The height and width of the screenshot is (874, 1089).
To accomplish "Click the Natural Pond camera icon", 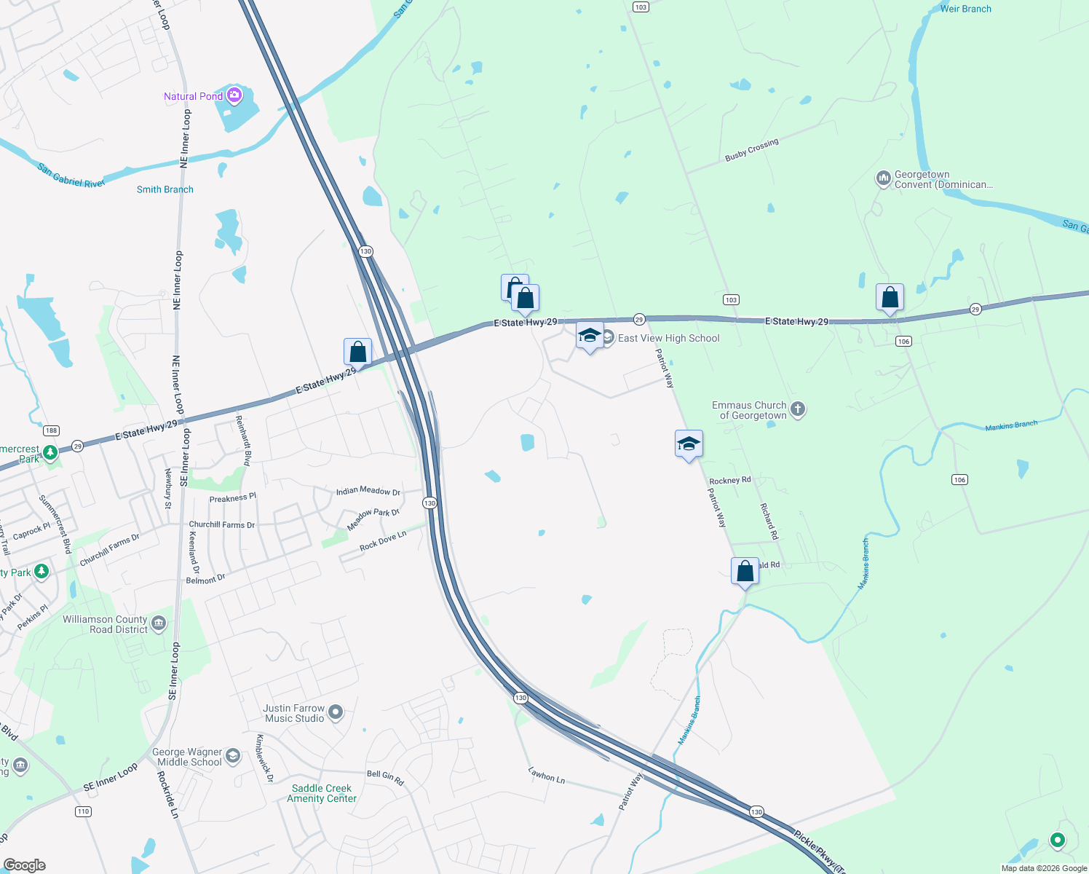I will point(234,95).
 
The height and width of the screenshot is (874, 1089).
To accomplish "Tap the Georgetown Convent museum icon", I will point(883,178).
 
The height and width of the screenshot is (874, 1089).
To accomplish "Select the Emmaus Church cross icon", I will point(798,409).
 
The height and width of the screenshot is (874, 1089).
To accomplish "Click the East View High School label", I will point(668,338).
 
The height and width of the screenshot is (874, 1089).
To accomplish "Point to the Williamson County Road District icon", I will point(159,623).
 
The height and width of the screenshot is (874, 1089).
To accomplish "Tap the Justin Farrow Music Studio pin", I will point(336,712).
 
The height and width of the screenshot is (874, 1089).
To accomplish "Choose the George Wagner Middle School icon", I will point(232,756).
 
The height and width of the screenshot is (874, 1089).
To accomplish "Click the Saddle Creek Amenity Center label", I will point(322,793).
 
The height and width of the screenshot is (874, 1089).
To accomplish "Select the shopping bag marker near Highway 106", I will point(890,298).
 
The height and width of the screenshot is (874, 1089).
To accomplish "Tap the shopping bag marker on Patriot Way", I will point(745,572).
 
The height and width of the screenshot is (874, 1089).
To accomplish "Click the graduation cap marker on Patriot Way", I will point(689,444).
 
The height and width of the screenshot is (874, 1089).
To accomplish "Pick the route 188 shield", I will point(51,430).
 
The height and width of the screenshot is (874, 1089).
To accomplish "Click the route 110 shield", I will point(83,811).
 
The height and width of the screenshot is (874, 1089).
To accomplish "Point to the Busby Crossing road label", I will point(751,150).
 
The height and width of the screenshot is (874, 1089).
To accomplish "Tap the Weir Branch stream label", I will point(965,9).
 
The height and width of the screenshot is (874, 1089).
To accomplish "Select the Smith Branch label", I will point(165,189).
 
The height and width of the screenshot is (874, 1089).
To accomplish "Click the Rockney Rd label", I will point(729,481).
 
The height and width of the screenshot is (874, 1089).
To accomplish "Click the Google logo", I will point(24,865).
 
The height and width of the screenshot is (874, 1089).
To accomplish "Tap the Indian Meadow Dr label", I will point(368,492).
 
